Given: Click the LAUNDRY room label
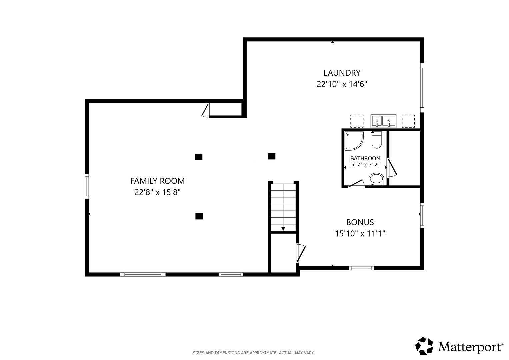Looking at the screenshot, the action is (x=342, y=73).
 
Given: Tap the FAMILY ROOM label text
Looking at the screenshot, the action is (x=157, y=181).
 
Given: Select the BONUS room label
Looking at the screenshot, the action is (x=360, y=222).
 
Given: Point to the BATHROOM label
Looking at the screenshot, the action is (x=365, y=158).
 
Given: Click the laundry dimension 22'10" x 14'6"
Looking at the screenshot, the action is (x=342, y=84).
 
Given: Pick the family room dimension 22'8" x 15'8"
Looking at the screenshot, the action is (x=157, y=193).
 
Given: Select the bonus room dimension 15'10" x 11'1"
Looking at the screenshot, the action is (x=360, y=234).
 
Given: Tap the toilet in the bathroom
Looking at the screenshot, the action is (x=377, y=140).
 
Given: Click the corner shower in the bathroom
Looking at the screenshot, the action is (x=354, y=141).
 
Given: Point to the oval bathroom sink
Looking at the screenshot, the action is (x=376, y=179).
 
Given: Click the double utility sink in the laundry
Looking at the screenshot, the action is (x=383, y=121).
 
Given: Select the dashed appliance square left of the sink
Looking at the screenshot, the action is (x=357, y=121).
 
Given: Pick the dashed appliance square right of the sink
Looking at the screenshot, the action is (x=408, y=121).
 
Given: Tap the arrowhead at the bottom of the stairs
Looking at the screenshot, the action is (x=283, y=229).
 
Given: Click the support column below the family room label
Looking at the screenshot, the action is (x=199, y=216).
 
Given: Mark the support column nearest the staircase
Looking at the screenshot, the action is (x=272, y=156).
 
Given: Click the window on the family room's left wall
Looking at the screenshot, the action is (x=87, y=186).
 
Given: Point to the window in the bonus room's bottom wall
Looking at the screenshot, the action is (x=362, y=268).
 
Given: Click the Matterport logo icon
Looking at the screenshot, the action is (x=424, y=346).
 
